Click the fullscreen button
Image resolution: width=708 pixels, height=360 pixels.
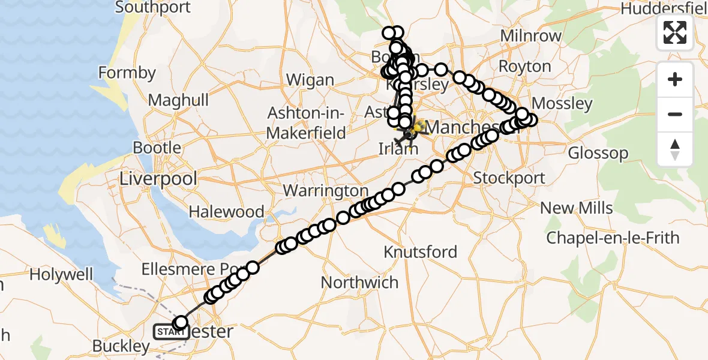click(x=675, y=32)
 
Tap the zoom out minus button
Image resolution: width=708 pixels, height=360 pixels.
click(x=675, y=114)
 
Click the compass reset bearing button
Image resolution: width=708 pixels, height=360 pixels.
click(x=675, y=149)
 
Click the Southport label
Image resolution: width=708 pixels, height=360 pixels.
click(x=153, y=8)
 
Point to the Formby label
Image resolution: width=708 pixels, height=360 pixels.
click(x=127, y=73)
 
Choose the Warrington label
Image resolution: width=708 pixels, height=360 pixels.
click(x=325, y=191)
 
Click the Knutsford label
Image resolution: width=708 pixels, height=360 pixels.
click(x=421, y=251)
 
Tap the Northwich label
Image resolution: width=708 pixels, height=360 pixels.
click(x=359, y=282)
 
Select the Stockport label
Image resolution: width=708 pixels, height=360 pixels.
click(x=509, y=178)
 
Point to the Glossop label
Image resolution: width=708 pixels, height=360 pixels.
click(x=598, y=153)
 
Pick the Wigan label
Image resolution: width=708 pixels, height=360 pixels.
click(x=310, y=80)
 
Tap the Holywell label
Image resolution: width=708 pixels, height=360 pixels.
click(x=62, y=275)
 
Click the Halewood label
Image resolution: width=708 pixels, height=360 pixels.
click(x=227, y=212)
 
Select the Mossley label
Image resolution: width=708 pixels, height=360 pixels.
click(x=562, y=104)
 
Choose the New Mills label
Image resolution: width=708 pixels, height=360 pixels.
click(x=577, y=208)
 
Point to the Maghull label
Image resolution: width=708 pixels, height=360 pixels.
click(x=178, y=100)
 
